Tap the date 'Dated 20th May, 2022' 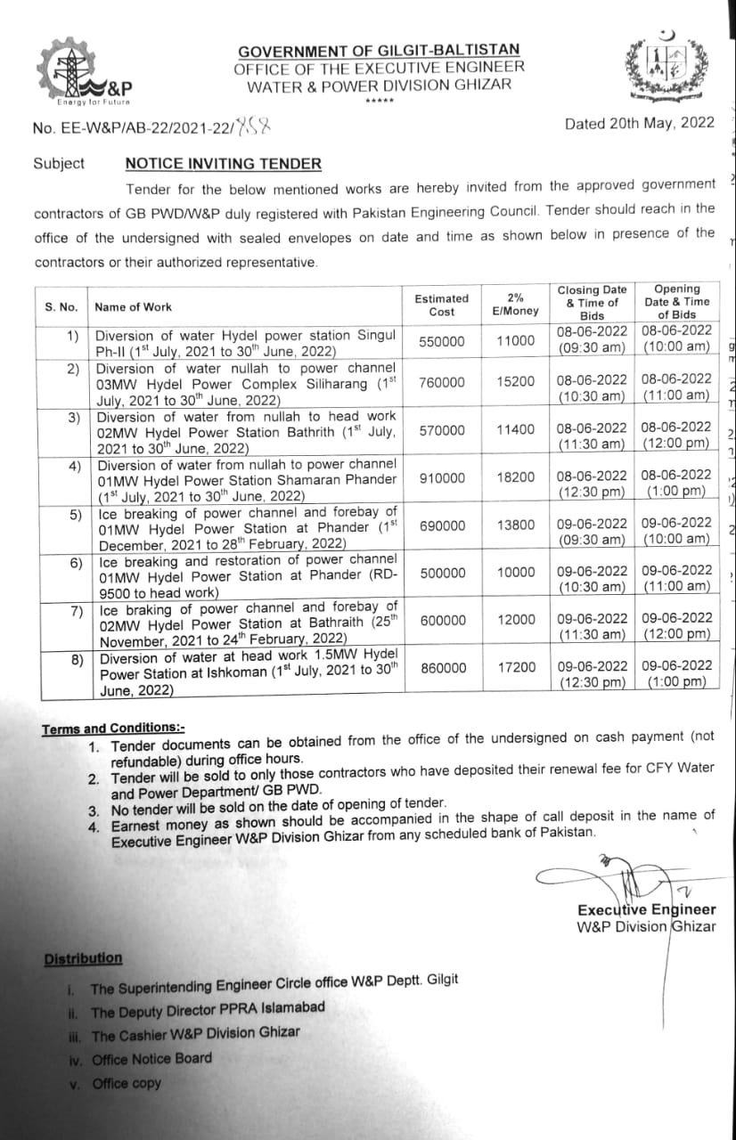tap(639, 124)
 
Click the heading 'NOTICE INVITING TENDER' tap(223, 164)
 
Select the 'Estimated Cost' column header tap(441, 305)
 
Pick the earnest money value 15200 tap(516, 381)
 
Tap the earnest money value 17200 tap(516, 666)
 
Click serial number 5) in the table tap(76, 514)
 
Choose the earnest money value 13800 tap(516, 525)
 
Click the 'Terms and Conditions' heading tap(113, 729)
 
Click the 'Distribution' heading tap(83, 958)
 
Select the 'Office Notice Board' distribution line tap(151, 1059)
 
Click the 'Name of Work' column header tap(134, 307)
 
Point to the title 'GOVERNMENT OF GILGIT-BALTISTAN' tap(379, 51)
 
